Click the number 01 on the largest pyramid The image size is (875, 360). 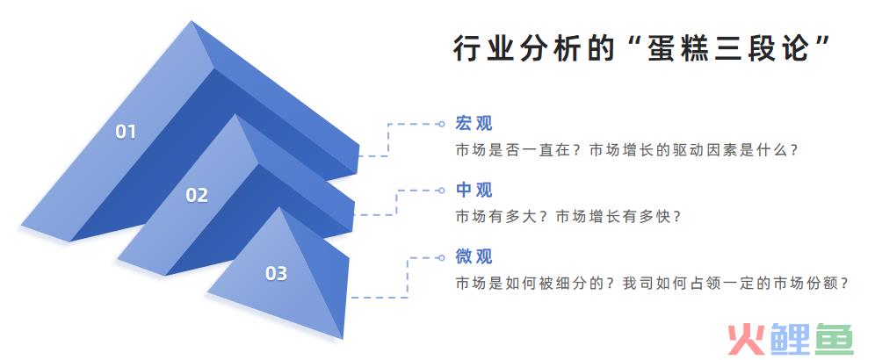coord(126,132)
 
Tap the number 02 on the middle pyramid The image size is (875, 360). coord(197,195)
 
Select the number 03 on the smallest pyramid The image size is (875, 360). coord(276,273)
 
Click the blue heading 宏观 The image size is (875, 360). coord(474,123)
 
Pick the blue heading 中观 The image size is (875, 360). coord(474,190)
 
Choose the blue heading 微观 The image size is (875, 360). coord(474,256)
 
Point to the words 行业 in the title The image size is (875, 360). coord(482,49)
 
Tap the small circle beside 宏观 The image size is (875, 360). coord(441,124)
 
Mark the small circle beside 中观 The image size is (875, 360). coord(441,191)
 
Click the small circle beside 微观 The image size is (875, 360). coord(441,257)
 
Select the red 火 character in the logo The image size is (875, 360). coord(746,339)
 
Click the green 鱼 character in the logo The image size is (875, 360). coord(835,339)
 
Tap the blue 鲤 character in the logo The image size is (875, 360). coord(790,339)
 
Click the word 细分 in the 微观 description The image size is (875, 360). coord(571,284)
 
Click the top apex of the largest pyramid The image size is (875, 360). coord(192,21)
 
